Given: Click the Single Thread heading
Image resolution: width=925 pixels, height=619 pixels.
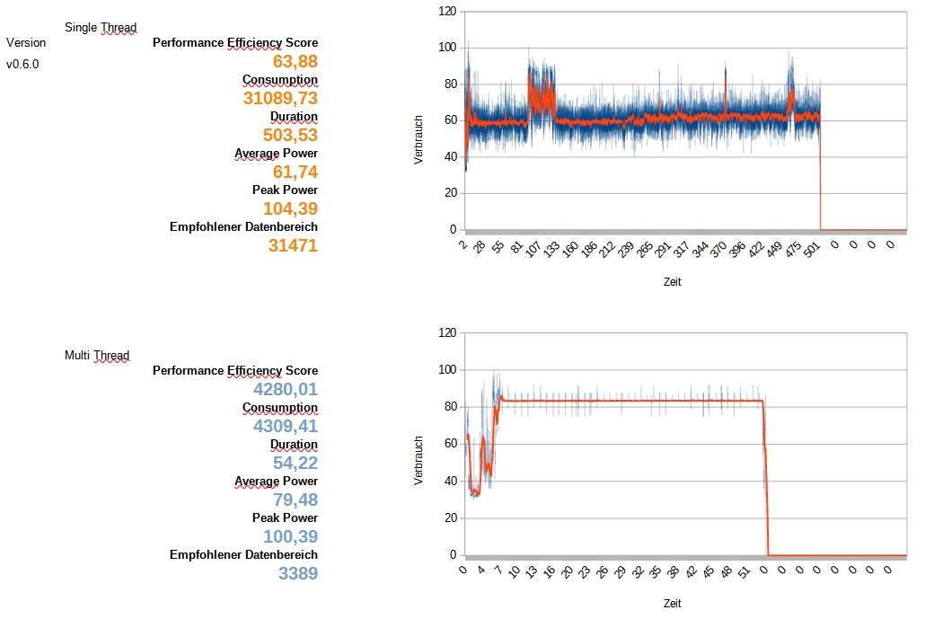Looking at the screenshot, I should [101, 27].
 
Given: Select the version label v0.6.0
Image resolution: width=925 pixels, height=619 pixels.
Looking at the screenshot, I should [22, 64].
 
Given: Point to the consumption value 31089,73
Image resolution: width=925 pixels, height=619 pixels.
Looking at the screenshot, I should [280, 98].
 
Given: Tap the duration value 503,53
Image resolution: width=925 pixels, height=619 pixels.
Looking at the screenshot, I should [290, 135].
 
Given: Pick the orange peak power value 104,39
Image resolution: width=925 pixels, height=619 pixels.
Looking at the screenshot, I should [290, 208].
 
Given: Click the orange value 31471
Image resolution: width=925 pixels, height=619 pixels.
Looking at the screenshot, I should [293, 244].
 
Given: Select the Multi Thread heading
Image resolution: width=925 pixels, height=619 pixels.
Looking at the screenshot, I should [97, 355].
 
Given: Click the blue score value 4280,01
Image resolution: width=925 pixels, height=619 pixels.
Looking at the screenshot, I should [286, 389].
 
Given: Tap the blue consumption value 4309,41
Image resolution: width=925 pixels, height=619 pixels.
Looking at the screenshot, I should [286, 426].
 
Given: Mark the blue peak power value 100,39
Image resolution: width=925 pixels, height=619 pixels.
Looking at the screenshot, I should [290, 536].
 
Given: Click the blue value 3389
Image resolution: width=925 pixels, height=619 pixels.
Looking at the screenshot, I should [298, 572].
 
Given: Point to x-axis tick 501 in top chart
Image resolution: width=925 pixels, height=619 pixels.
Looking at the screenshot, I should [812, 250].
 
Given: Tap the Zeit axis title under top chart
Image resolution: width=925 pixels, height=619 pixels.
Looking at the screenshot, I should [673, 281].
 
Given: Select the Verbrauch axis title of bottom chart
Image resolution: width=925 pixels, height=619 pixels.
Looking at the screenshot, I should [418, 462].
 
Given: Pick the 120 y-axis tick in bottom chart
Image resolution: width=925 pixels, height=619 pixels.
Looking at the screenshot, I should [446, 333].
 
